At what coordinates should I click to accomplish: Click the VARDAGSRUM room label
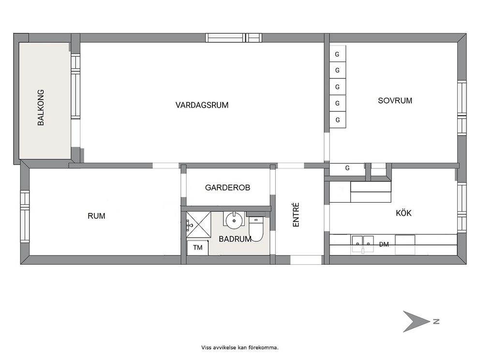[202, 105]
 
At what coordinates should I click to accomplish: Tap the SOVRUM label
[395, 101]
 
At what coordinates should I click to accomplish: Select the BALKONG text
[41, 107]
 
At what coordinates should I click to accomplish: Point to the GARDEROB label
[227, 187]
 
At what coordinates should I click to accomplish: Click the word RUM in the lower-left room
[96, 216]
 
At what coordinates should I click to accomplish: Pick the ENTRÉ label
[296, 215]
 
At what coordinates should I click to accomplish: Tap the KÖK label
[404, 212]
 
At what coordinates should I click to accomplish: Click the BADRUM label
[235, 239]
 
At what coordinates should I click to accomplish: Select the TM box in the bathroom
[197, 247]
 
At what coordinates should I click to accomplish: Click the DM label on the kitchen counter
[384, 244]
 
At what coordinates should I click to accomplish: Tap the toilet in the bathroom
[256, 229]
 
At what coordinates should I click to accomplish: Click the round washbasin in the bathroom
[234, 220]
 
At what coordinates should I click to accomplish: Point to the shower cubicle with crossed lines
[199, 225]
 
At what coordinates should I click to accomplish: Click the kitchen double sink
[363, 244]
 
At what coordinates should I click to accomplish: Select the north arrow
[416, 321]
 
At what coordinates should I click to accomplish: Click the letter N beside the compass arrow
[436, 321]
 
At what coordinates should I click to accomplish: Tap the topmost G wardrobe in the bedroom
[338, 54]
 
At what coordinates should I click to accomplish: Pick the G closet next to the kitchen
[347, 168]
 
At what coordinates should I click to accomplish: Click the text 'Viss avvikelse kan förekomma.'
[240, 347]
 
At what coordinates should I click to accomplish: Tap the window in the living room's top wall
[234, 38]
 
